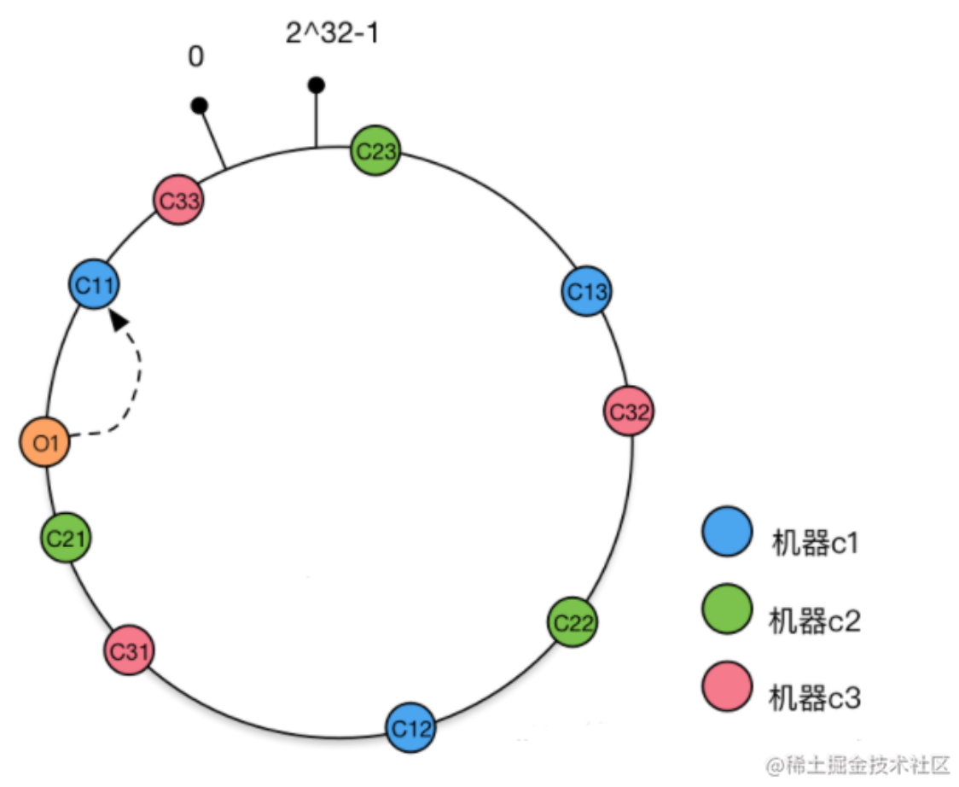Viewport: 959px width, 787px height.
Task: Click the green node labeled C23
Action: (375, 151)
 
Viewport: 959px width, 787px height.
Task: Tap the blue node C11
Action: (93, 284)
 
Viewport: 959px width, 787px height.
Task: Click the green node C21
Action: (65, 537)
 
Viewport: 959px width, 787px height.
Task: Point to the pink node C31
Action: (129, 651)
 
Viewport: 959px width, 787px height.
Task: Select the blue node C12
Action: (410, 728)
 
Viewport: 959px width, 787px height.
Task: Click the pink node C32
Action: (629, 411)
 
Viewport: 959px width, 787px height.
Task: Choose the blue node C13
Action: (587, 291)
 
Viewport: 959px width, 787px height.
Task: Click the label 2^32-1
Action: (332, 34)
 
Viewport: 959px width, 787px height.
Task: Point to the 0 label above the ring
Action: (196, 57)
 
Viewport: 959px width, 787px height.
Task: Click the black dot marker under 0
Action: (200, 106)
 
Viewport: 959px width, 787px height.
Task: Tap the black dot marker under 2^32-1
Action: (317, 85)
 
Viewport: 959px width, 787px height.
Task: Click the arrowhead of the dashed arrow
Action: (120, 318)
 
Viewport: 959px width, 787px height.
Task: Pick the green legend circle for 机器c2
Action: (727, 609)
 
